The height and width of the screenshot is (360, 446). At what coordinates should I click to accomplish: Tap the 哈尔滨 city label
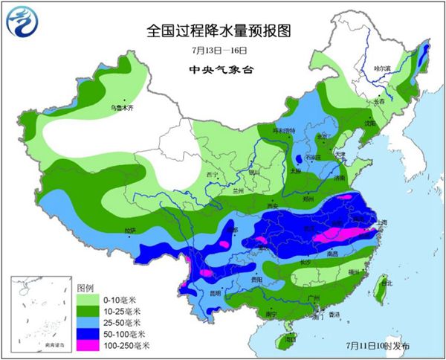pyautogui.click(x=382, y=68)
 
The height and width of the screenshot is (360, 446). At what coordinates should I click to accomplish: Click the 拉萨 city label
pyautogui.click(x=130, y=231)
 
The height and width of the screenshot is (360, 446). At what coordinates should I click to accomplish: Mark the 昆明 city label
pyautogui.click(x=214, y=292)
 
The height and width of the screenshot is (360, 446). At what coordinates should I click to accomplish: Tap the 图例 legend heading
pyautogui.click(x=85, y=286)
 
